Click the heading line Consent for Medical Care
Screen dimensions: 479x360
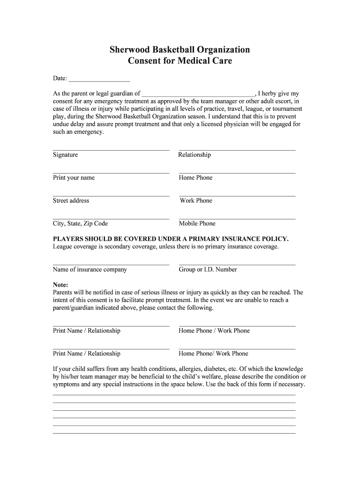pos(180,61)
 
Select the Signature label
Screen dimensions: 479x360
pos(65,155)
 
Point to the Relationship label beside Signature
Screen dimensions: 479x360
pos(194,155)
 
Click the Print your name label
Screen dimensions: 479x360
pos(74,178)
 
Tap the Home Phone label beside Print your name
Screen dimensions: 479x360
pos(195,178)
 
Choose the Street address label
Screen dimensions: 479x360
pos(71,201)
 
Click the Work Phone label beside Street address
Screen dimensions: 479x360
pos(196,201)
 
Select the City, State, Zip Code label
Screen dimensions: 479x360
pos(80,224)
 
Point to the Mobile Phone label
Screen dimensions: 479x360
pos(197,224)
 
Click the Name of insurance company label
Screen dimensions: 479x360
pos(90,269)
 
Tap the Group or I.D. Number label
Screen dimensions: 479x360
pos(208,269)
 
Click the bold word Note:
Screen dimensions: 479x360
pos(61,285)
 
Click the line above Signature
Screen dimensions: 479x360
pos(111,150)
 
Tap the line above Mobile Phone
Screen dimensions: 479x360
pos(237,219)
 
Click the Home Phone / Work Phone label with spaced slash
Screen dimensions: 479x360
pos(214,331)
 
